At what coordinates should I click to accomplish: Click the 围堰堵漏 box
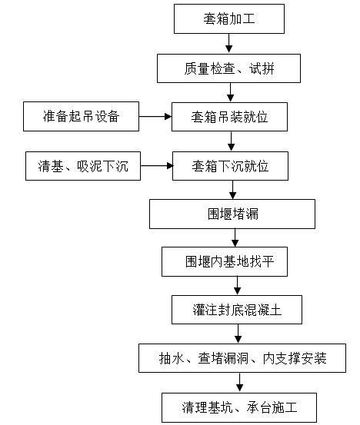point(232,214)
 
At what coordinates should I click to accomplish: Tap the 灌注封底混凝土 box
point(237,310)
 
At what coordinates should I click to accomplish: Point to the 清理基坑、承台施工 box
point(238,407)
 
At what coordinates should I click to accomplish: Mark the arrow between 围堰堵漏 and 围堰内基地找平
point(235,238)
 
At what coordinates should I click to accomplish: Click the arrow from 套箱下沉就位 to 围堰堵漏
point(232,189)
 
